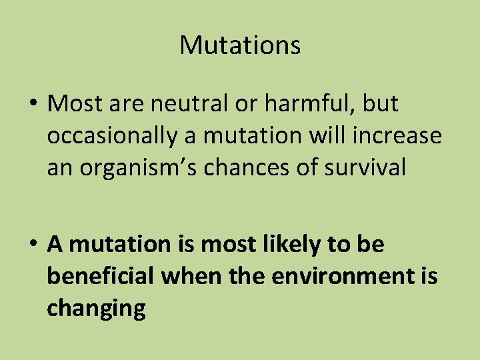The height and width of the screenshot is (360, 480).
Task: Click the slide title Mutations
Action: [x=240, y=45]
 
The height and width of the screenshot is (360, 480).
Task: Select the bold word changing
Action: [x=96, y=308]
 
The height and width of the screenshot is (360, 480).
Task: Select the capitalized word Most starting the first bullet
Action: [x=73, y=104]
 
